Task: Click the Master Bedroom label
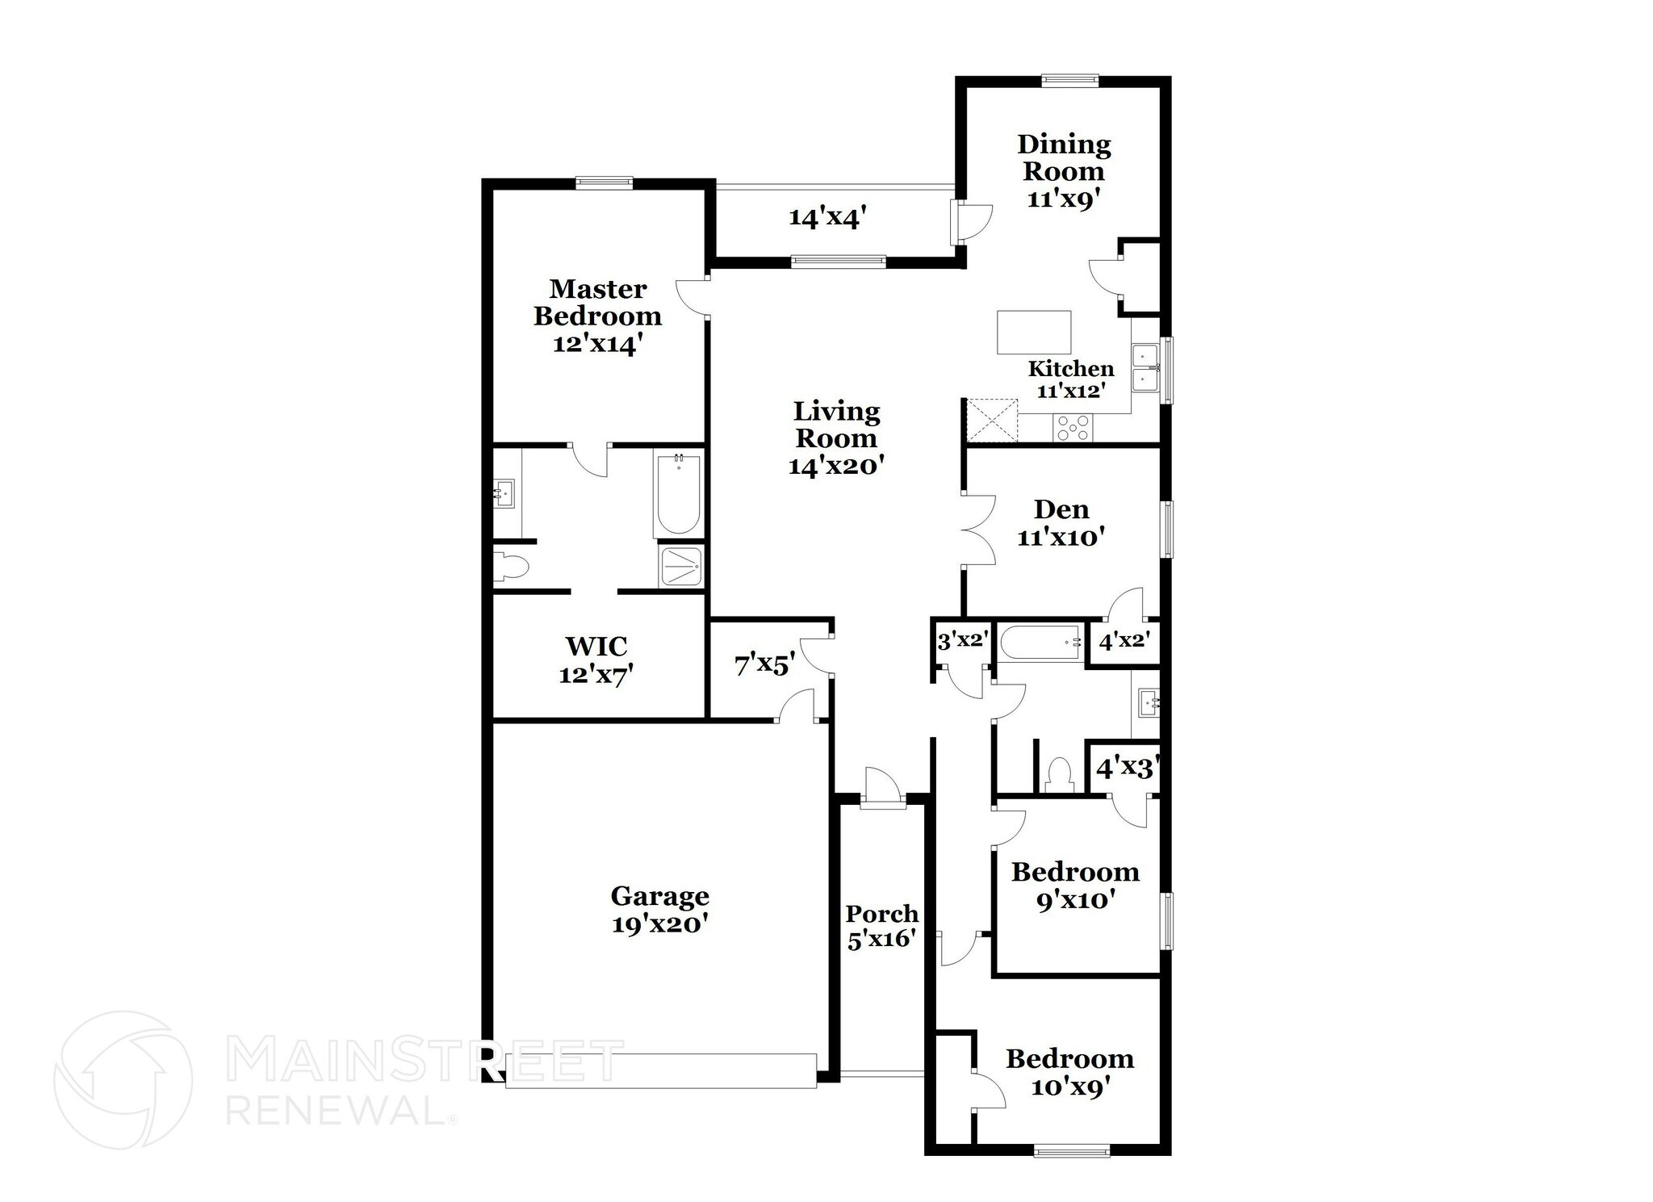[x=597, y=302]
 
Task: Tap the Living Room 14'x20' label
[x=836, y=438]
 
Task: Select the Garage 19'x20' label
[x=660, y=909]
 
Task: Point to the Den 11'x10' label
[x=1061, y=522]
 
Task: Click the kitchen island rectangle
[x=1034, y=333]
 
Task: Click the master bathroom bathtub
[x=679, y=494]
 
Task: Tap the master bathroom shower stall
[x=682, y=567]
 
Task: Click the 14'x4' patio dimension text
[x=827, y=217]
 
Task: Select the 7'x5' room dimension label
[x=764, y=665]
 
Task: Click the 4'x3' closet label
[x=1127, y=768]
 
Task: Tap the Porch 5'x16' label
[x=882, y=926]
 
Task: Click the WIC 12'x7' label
[x=596, y=660]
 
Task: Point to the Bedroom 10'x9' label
[x=1069, y=1072]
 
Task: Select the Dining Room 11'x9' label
[x=1064, y=171]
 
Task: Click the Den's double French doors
[x=978, y=530]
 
